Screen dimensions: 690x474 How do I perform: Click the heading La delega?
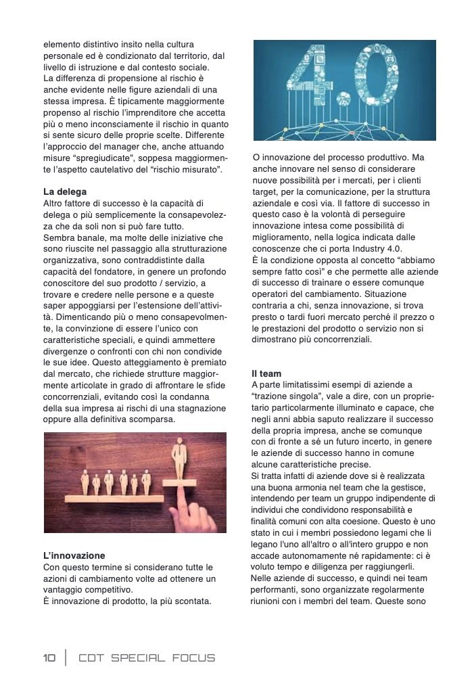click(x=65, y=191)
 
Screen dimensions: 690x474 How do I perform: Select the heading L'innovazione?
click(x=74, y=555)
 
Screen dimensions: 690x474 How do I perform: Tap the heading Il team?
click(x=266, y=373)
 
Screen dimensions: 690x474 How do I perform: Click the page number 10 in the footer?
click(x=49, y=658)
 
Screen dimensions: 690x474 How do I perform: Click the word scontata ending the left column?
click(x=191, y=601)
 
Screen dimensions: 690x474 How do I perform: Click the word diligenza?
click(x=344, y=566)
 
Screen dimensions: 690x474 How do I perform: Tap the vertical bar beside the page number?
click(x=66, y=658)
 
